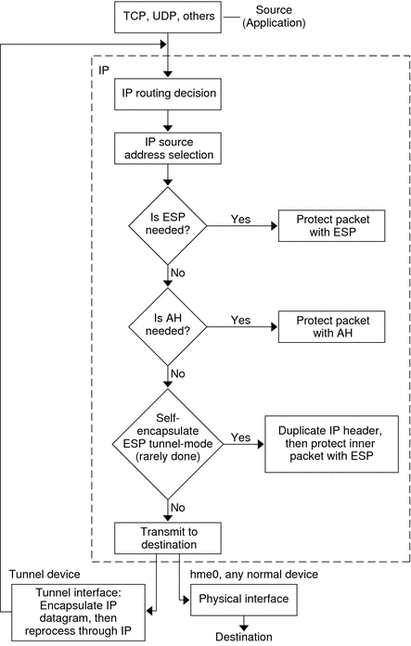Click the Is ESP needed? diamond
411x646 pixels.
click(x=168, y=226)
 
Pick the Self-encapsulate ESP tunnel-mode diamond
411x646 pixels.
click(x=168, y=437)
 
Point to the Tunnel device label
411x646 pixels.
click(x=42, y=575)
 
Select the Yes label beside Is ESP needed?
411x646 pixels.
click(x=240, y=219)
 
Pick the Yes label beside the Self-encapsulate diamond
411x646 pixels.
click(x=240, y=437)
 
